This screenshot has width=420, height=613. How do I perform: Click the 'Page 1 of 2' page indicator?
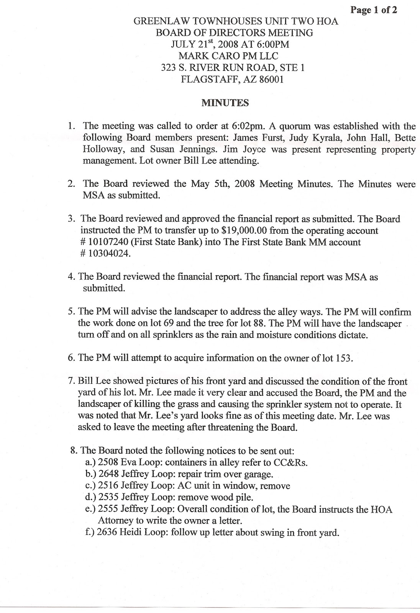click(374, 10)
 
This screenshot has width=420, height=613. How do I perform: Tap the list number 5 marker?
click(71, 311)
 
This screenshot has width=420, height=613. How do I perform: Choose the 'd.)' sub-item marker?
click(90, 498)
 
